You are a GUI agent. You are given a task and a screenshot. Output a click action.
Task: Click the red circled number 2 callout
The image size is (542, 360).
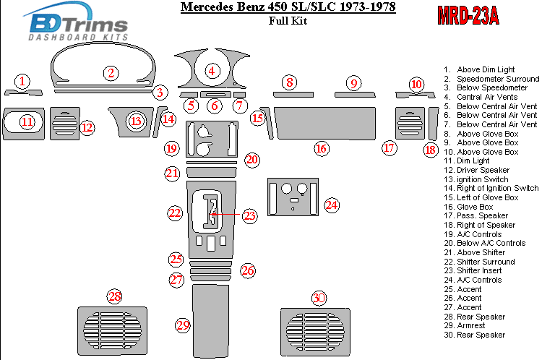coord(111,72)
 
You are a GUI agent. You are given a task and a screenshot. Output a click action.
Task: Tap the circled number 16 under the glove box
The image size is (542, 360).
coord(322,149)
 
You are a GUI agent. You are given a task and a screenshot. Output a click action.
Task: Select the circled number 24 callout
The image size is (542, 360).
coord(331,205)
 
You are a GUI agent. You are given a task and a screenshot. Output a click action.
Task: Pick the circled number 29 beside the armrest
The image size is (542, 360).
coord(182,325)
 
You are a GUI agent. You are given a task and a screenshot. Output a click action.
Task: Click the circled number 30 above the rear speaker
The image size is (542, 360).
coord(319,299)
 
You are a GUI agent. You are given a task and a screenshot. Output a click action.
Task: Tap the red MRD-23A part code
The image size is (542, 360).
coord(468,16)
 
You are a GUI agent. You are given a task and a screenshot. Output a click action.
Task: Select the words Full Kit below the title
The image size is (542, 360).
coord(287,21)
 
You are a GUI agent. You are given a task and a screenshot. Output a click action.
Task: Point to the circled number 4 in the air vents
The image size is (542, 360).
coord(212,71)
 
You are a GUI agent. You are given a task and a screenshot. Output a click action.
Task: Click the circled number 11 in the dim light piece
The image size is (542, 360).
coord(27,121)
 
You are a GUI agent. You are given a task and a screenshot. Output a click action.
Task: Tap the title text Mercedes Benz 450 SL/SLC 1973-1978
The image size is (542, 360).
coord(287,8)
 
